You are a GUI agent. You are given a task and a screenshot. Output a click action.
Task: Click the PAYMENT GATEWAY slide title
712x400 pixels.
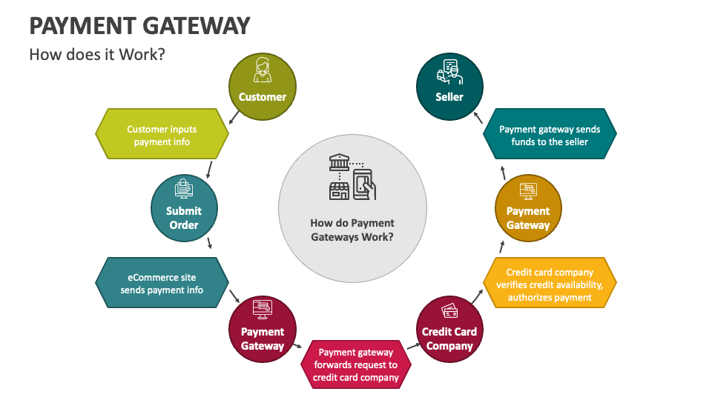(139, 25)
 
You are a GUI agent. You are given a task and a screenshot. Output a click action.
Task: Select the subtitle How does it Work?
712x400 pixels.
(96, 55)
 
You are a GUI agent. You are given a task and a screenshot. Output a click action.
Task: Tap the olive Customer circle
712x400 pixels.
(262, 87)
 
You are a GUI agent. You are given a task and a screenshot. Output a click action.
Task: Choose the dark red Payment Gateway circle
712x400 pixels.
(263, 330)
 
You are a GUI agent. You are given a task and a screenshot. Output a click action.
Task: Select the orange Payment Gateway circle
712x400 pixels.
(528, 209)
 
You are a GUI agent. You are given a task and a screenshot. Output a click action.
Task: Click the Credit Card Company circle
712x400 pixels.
(449, 330)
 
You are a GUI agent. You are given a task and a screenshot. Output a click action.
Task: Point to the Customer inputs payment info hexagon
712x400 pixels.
(162, 135)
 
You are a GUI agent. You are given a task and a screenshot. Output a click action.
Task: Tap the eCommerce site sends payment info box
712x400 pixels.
(162, 284)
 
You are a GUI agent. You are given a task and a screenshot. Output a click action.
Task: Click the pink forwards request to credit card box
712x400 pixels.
(356, 364)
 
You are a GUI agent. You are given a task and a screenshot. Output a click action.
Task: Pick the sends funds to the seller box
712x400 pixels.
(550, 135)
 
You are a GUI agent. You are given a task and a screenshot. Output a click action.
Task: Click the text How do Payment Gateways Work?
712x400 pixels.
(352, 230)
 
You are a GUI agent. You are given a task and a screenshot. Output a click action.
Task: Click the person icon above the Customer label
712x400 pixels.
(262, 70)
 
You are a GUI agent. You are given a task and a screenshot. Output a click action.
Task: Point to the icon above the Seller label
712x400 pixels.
(449, 70)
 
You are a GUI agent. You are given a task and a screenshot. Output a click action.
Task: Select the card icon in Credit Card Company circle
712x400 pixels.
(449, 311)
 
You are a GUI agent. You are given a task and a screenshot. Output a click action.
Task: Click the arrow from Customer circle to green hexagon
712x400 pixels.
(234, 116)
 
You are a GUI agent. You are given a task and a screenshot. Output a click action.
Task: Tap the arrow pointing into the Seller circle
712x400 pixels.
(478, 116)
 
